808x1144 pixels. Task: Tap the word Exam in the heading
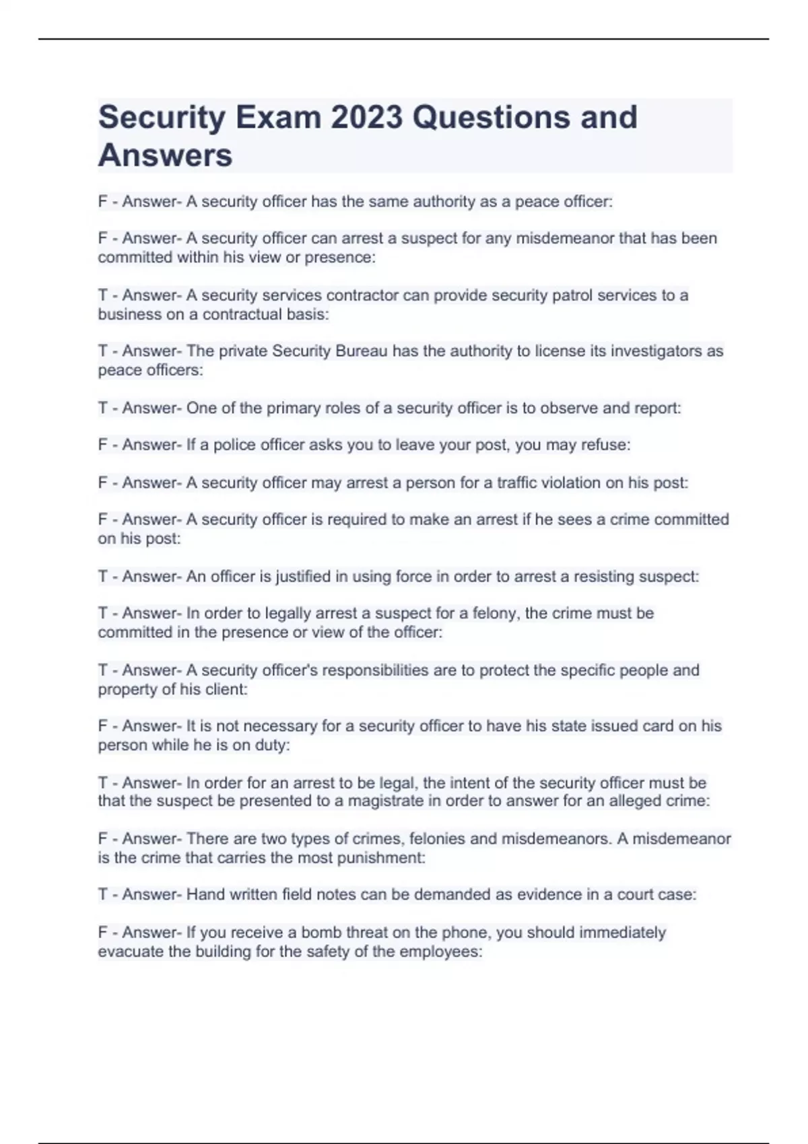pos(279,117)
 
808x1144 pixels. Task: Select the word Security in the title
pos(162,117)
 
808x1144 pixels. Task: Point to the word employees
pos(440,952)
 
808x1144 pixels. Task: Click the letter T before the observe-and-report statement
pos(103,408)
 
